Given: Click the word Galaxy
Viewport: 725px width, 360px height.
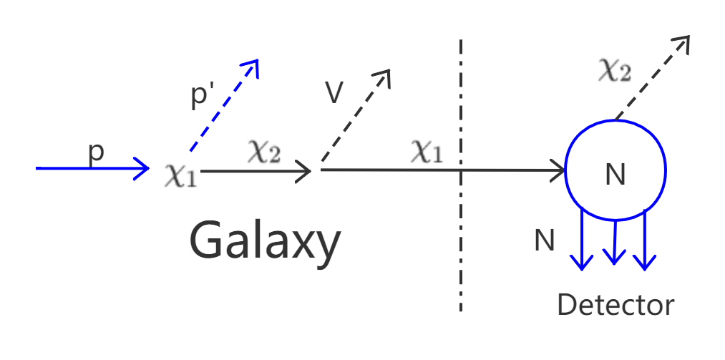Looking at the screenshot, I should [265, 241].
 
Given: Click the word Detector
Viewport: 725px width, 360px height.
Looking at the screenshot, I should [615, 306].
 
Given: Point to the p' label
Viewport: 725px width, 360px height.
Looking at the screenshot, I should [203, 97].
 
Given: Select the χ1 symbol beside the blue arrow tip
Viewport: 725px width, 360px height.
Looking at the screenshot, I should [180, 175].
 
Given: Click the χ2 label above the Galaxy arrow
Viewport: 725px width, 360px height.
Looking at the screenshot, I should [263, 151].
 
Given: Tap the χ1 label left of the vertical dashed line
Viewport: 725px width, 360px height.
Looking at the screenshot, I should [427, 152].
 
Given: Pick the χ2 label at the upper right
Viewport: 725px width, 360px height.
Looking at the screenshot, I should [614, 72].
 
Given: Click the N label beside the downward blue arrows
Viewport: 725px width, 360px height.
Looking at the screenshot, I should [545, 241].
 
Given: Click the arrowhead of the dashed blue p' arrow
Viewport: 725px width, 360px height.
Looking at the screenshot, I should [250, 67].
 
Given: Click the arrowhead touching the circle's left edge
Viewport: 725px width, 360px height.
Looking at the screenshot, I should [558, 171].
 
